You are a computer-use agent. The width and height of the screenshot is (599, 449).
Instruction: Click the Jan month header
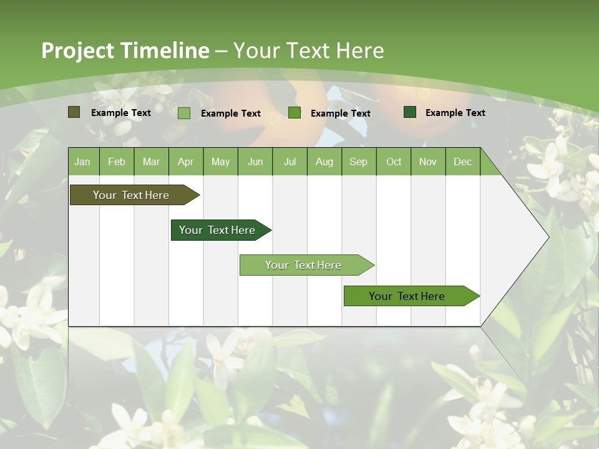(x=82, y=162)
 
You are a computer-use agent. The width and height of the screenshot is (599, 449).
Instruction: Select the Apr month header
(x=186, y=162)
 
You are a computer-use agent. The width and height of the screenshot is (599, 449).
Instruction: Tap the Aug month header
(x=324, y=162)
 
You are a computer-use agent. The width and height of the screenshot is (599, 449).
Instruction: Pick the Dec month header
(x=462, y=162)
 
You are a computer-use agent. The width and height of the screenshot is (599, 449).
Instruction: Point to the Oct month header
(x=394, y=162)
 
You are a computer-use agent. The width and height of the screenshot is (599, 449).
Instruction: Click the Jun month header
(x=255, y=162)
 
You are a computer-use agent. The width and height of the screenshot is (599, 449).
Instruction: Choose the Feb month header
(x=117, y=162)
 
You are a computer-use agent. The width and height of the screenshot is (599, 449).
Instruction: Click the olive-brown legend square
(x=74, y=112)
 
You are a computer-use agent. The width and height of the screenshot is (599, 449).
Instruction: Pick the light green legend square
(x=184, y=113)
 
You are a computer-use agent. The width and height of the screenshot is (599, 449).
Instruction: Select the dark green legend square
(x=410, y=112)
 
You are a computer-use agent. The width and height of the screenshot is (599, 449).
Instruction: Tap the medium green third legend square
(x=295, y=113)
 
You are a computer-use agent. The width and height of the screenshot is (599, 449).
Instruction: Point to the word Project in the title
(x=77, y=51)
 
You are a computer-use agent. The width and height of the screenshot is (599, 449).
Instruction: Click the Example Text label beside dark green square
(x=455, y=113)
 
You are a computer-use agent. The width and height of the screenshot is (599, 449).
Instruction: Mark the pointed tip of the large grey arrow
(x=548, y=236)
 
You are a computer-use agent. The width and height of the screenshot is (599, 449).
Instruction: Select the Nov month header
(x=428, y=162)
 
